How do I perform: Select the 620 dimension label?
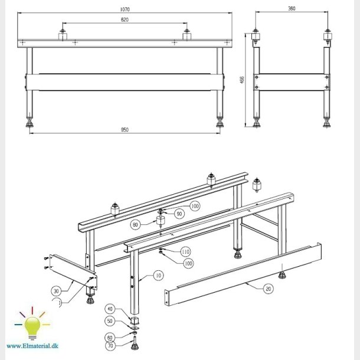coord(125,21)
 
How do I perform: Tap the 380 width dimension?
coord(291,9)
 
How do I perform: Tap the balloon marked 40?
coord(110,309)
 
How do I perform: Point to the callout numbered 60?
coord(110,336)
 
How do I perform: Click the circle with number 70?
coord(110,346)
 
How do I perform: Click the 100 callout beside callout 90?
coord(195,205)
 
